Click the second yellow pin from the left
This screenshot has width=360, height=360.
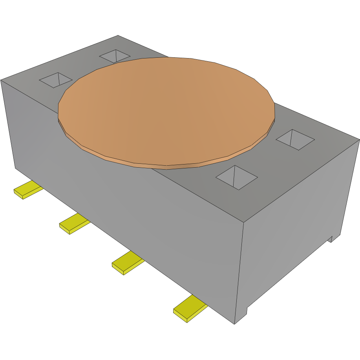click(74, 223)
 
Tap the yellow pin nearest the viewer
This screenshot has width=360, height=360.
click(190, 309)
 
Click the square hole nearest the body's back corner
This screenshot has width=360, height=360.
click(114, 56)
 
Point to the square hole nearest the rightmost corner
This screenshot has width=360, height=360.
click(295, 139)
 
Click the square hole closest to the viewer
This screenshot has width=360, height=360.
click(236, 177)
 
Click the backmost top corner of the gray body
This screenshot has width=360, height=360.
click(118, 36)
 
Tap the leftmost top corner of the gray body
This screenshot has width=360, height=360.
click(1, 80)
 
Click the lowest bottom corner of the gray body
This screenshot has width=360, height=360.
click(234, 323)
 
